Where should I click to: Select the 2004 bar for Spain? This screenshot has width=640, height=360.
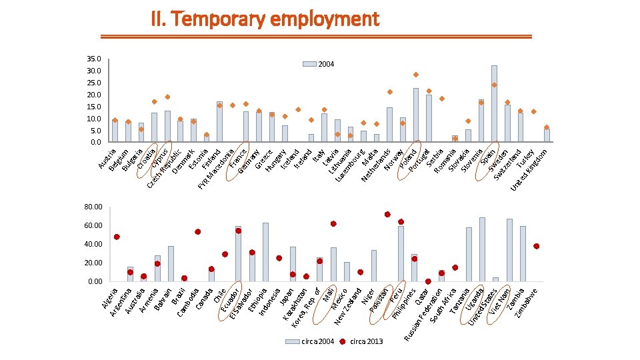(494, 103)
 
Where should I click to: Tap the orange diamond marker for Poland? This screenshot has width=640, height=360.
(416, 75)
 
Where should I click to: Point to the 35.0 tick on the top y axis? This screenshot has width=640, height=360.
(94, 59)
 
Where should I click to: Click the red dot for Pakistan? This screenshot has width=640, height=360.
(387, 215)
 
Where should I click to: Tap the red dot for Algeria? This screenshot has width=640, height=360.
(117, 237)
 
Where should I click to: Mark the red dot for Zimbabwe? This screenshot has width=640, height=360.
(537, 246)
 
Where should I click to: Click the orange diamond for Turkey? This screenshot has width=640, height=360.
(533, 111)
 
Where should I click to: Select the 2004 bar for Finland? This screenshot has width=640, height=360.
(219, 122)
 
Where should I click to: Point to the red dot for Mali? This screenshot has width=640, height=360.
(333, 224)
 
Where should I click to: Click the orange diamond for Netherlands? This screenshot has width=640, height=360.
(390, 92)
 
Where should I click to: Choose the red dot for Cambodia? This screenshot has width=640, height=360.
(198, 232)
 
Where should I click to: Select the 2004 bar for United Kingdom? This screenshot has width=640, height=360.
(547, 135)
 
